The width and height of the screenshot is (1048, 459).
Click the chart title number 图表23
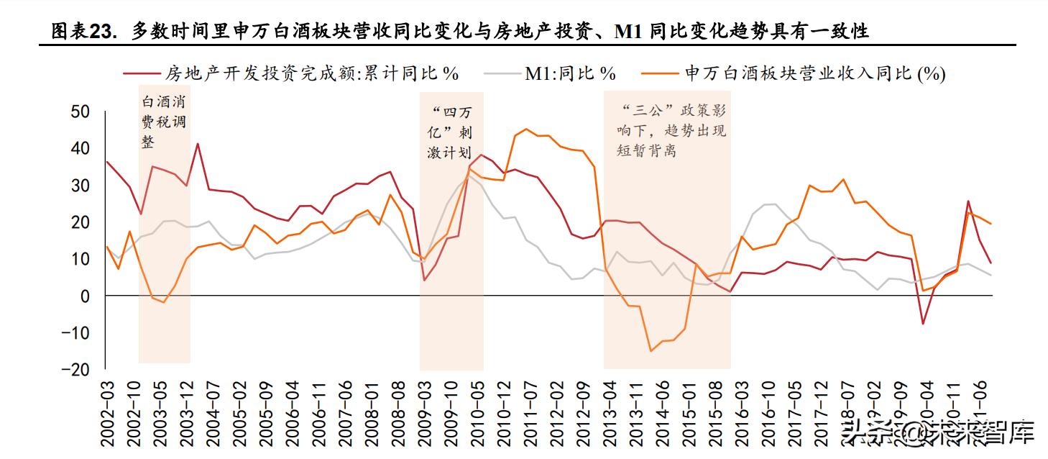(81, 31)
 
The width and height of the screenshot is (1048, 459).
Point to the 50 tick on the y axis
(81, 112)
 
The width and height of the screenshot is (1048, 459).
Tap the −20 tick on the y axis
(75, 370)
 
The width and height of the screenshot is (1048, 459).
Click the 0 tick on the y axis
(85, 296)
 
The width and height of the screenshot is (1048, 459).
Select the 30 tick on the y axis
(81, 185)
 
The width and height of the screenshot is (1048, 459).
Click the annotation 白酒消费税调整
(164, 122)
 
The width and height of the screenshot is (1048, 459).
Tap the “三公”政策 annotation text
(671, 131)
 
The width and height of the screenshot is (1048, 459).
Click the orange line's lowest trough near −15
(651, 351)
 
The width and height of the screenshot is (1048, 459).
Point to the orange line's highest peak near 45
(526, 129)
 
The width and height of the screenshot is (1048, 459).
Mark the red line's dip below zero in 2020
(922, 324)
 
